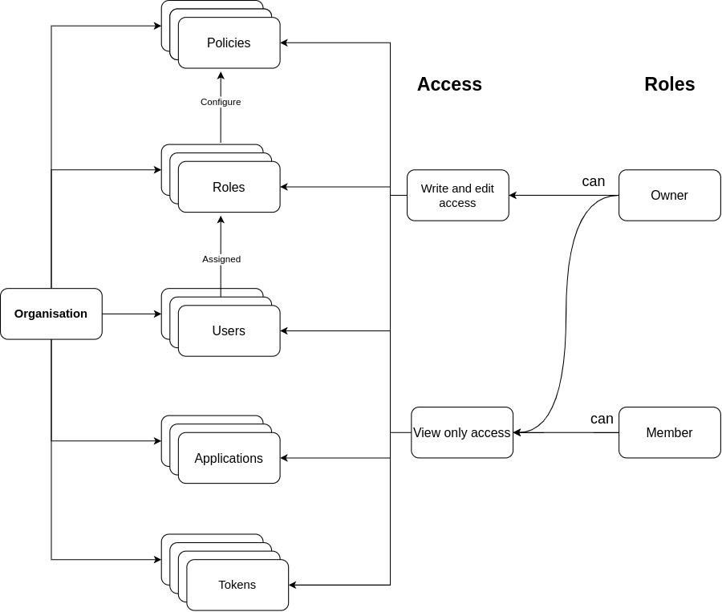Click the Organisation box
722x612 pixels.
pos(51,314)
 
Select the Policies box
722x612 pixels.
pos(229,43)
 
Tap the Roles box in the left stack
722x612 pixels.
pos(229,187)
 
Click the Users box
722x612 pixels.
pos(229,330)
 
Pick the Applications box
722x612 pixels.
pos(229,458)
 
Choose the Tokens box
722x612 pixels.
pos(237,585)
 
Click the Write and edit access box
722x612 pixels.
pos(457,195)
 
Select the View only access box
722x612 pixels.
pos(461,432)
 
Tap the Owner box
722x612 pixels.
pos(669,195)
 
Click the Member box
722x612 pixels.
pos(669,432)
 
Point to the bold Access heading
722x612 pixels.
pos(449,84)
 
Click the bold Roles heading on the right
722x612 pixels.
pos(669,84)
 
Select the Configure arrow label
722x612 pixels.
pos(221,102)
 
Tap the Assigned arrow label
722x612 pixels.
pos(221,259)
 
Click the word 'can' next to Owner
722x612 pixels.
pos(593,181)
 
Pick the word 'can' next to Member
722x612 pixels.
pos(602,419)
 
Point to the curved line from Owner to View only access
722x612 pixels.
pos(568,313)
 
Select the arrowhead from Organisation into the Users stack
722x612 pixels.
pos(157,314)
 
